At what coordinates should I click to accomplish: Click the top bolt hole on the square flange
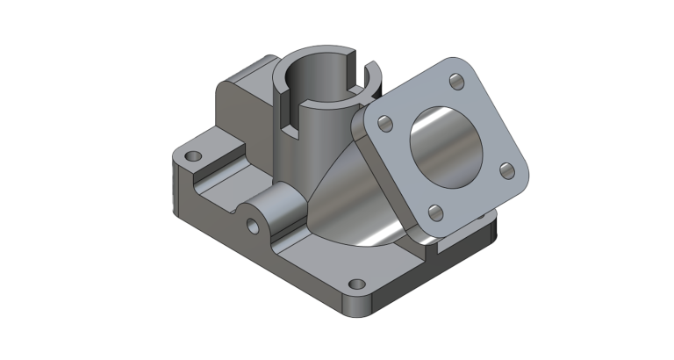point(455,81)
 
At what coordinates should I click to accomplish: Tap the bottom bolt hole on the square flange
point(433,211)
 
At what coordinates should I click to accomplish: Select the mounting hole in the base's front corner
point(356,284)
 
